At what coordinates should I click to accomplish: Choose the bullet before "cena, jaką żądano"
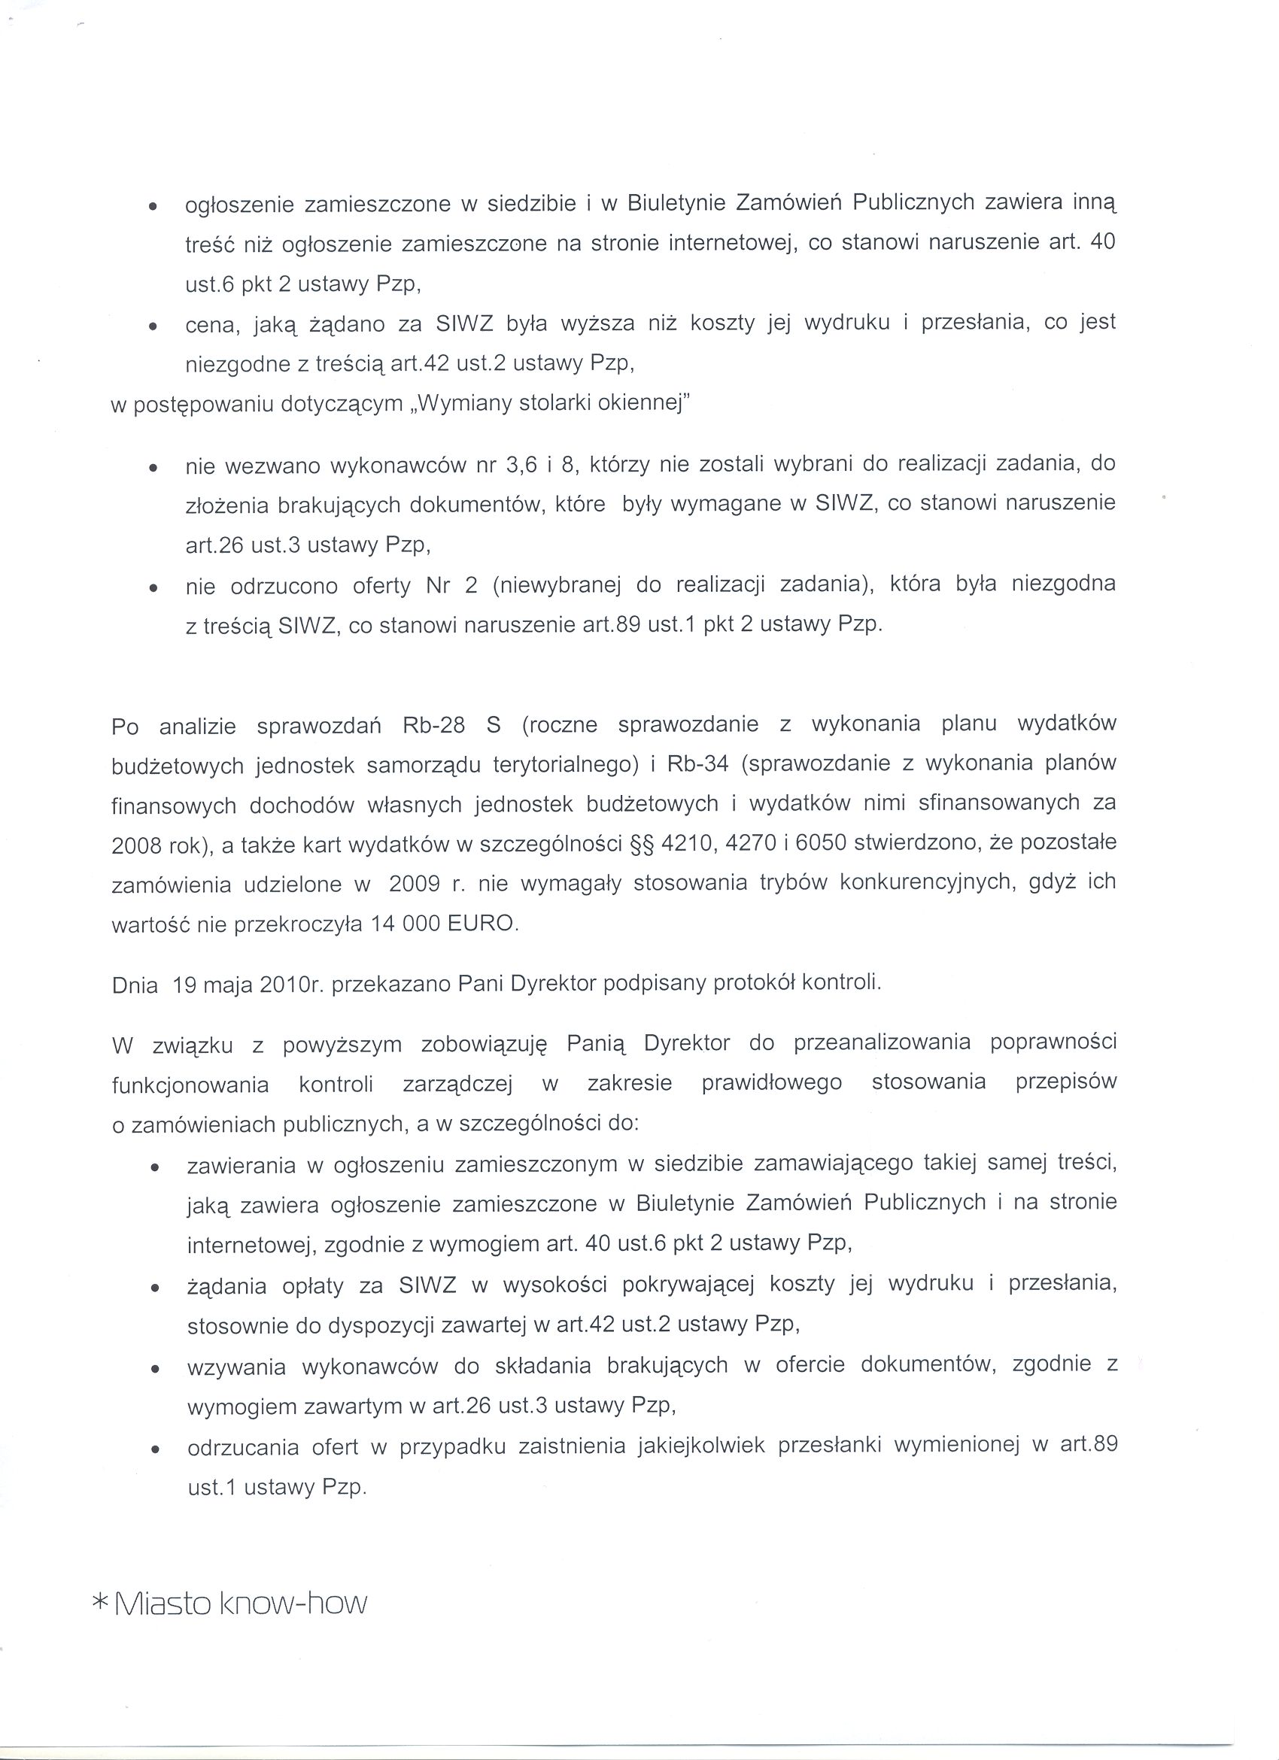(154, 326)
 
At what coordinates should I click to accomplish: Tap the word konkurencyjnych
(885, 883)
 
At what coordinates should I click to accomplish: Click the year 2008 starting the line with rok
(135, 845)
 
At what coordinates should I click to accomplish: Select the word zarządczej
(458, 1083)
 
